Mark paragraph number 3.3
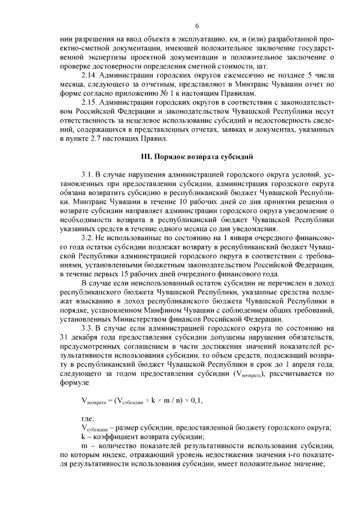[88, 326]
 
